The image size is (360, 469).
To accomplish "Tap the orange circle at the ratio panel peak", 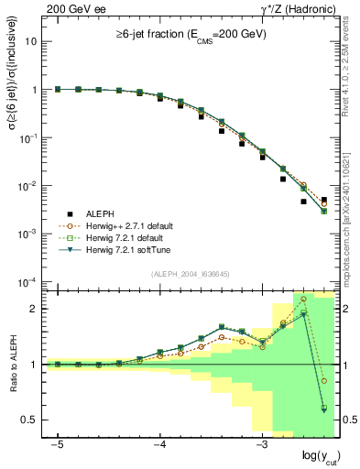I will coord(304,299).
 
